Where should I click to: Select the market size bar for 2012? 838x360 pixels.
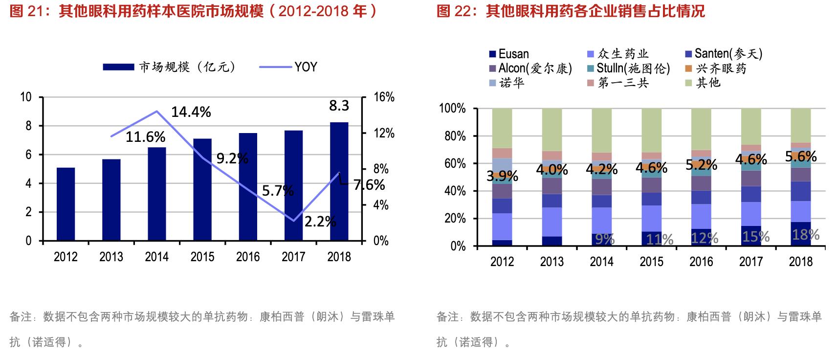66,204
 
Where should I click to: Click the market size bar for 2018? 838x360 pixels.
339,181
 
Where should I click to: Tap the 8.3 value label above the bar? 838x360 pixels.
339,106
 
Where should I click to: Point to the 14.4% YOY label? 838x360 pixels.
191,112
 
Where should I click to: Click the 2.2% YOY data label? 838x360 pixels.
320,222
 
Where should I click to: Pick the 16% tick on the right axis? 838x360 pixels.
384,97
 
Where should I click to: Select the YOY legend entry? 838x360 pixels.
288,67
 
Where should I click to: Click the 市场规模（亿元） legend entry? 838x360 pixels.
169,67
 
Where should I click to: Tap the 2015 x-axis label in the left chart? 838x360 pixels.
202,257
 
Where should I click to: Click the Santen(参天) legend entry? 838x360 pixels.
723,54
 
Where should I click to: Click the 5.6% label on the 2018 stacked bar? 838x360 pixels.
800,157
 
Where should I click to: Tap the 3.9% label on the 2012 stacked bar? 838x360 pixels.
502,176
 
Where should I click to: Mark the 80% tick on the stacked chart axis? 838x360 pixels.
455,136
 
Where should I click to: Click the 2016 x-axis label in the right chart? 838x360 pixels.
701,262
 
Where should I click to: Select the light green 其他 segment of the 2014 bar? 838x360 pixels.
601,130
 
